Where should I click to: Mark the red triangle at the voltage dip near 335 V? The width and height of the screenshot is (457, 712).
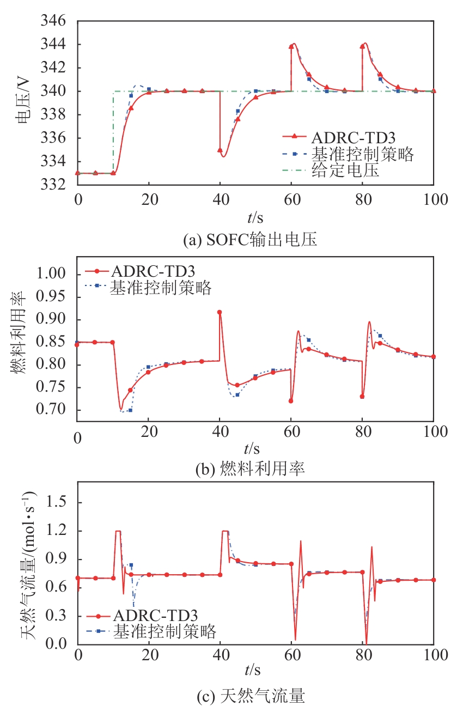(x=220, y=150)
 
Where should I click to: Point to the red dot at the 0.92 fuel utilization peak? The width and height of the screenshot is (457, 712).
(x=220, y=312)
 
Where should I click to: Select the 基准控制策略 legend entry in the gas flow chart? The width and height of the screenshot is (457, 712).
(x=164, y=632)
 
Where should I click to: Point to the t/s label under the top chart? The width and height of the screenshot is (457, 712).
(x=254, y=218)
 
